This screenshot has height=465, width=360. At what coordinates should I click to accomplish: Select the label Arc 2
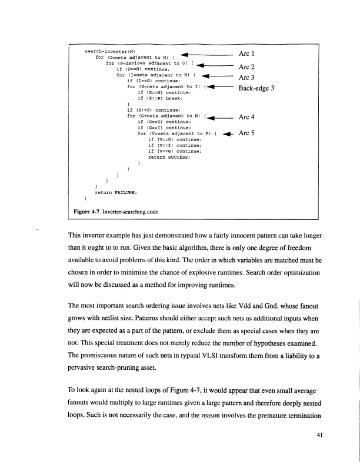246,66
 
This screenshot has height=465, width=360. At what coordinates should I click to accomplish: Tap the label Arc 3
246,77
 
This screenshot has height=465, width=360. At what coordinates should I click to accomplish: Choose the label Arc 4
246,116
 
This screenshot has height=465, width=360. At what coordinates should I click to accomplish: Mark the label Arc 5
246,133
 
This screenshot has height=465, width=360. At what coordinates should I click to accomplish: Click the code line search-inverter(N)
110,51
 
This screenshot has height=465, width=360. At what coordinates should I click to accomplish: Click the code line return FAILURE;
111,191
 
